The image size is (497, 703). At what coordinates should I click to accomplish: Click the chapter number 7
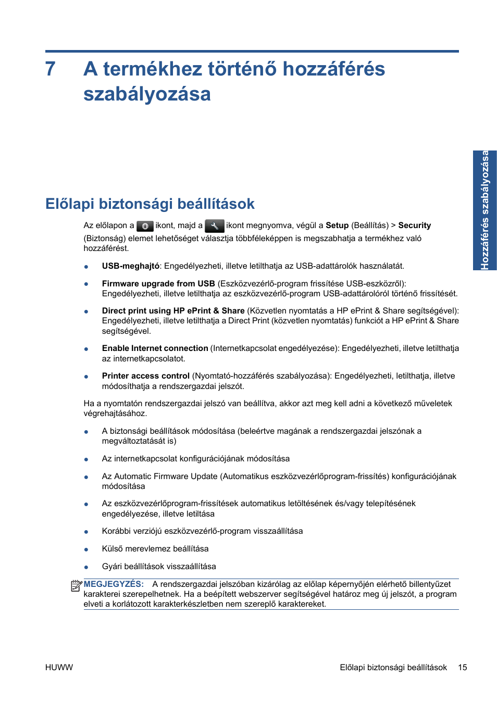51,69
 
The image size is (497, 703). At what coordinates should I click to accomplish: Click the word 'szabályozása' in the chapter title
147,94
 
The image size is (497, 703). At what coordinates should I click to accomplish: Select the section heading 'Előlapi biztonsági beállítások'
150,204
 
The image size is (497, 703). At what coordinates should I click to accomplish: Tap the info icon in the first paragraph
145,226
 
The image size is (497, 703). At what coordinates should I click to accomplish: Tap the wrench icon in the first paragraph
214,226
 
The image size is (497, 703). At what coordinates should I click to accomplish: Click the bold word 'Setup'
337,225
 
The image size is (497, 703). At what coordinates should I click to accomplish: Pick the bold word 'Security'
414,225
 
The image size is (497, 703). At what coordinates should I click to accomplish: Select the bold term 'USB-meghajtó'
130,266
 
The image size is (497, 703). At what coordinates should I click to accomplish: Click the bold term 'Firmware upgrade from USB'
158,284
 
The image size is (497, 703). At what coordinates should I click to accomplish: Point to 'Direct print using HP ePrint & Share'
173,311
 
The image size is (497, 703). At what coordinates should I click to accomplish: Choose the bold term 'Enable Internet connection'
155,348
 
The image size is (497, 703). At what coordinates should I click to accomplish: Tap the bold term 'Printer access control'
145,376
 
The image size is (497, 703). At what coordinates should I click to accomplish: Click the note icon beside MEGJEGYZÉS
77,586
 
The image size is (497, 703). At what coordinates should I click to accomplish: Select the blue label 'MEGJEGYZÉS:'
114,584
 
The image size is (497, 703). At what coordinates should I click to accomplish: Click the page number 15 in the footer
462,668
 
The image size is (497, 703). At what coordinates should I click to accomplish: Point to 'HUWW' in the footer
59,668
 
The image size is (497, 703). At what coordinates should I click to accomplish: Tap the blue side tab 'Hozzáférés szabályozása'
484,210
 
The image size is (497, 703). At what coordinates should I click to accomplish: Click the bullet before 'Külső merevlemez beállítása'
86,549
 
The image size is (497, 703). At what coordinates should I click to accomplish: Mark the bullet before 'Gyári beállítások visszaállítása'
86,567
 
